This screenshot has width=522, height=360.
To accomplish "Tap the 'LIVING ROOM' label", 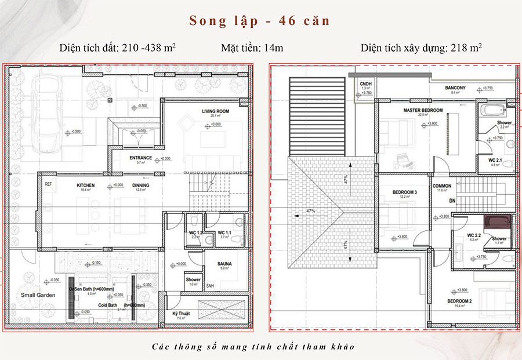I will (215, 111).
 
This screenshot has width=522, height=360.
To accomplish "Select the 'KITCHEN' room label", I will (85, 186).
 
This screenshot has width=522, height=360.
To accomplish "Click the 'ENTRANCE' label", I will (140, 158).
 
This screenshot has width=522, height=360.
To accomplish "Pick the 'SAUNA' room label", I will (225, 263).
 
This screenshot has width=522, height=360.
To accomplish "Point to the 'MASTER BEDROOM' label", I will (423, 110).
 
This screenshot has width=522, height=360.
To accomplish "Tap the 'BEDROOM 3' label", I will (405, 192).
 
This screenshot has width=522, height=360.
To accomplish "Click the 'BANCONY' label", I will (456, 88).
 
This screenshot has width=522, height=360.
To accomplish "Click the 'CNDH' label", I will (365, 83).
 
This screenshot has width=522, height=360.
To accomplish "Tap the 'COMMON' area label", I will (442, 186).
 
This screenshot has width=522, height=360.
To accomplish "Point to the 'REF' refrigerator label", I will (48, 185).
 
